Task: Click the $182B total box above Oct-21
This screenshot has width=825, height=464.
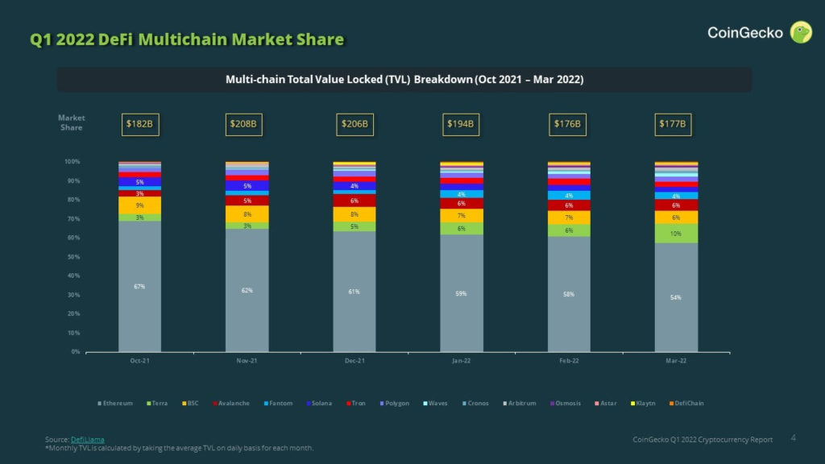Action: (x=139, y=124)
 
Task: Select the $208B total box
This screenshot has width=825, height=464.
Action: (x=247, y=124)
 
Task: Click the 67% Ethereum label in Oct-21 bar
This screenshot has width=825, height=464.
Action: (x=139, y=287)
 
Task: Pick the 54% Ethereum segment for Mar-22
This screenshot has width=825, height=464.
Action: (x=676, y=297)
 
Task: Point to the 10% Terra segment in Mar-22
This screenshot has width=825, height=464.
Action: (x=676, y=234)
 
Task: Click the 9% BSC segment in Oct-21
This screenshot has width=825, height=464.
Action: (x=139, y=205)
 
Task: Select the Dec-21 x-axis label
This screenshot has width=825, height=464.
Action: (x=354, y=361)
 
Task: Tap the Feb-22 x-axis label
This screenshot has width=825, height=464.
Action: (x=569, y=361)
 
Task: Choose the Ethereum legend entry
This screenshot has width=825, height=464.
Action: (x=115, y=403)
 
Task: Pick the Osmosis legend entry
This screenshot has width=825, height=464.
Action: (x=567, y=403)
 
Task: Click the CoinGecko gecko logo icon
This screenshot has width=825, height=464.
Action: (x=801, y=32)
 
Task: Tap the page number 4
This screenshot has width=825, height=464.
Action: (x=794, y=437)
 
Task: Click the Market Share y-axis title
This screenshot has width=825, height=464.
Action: (x=72, y=122)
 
